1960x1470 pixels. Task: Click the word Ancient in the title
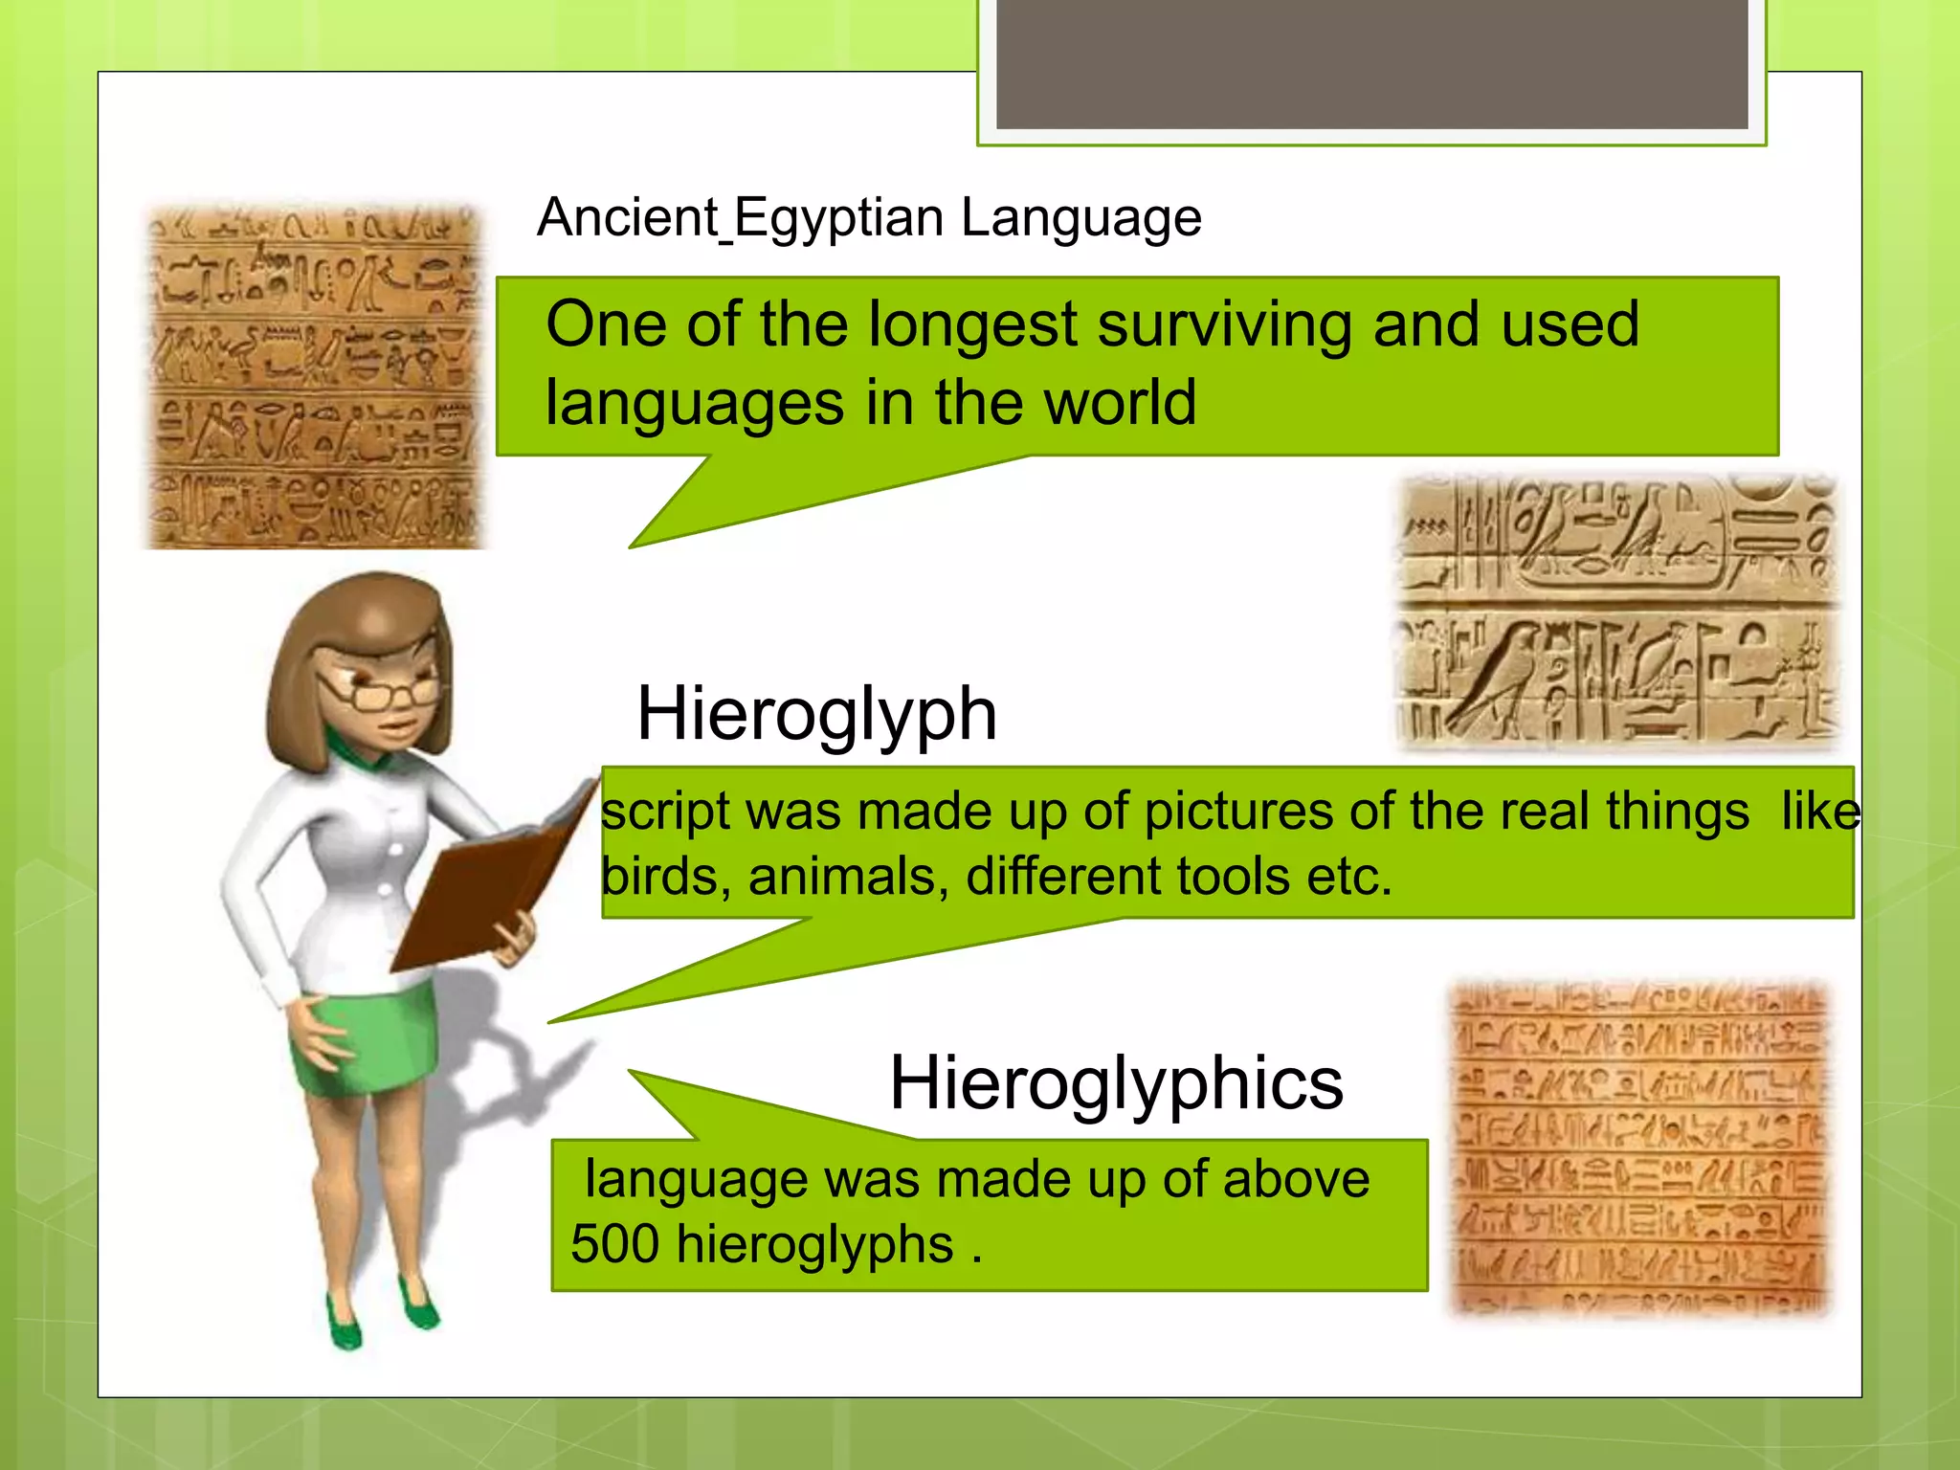click(x=628, y=218)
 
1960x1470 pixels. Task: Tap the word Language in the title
click(x=1080, y=218)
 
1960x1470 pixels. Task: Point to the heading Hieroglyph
click(x=816, y=714)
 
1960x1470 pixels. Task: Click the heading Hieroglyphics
click(x=1116, y=1083)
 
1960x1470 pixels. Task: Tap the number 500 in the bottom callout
click(x=614, y=1244)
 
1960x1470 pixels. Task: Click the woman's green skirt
click(x=364, y=1043)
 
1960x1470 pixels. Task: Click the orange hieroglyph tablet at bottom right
click(x=1638, y=1148)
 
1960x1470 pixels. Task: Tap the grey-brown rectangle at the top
click(x=1371, y=63)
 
